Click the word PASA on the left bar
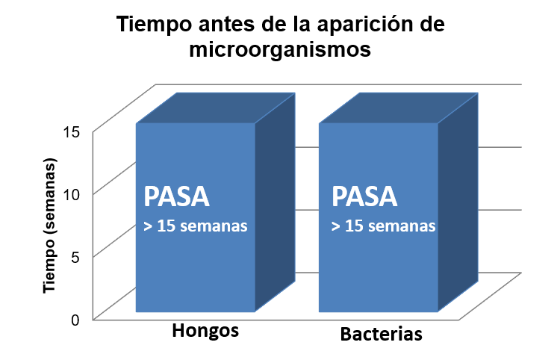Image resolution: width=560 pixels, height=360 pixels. coord(176,197)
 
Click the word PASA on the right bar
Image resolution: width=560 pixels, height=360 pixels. coord(364,197)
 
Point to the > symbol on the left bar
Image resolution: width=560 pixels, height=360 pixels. coord(148,226)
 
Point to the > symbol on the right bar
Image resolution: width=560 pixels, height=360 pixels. coord(336,226)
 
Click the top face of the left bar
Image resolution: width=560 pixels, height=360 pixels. coord(215,108)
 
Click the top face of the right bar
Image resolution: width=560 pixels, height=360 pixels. coord(398,108)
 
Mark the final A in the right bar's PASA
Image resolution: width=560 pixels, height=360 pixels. coord(388,197)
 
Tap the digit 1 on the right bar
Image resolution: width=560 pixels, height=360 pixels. coord(349,226)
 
